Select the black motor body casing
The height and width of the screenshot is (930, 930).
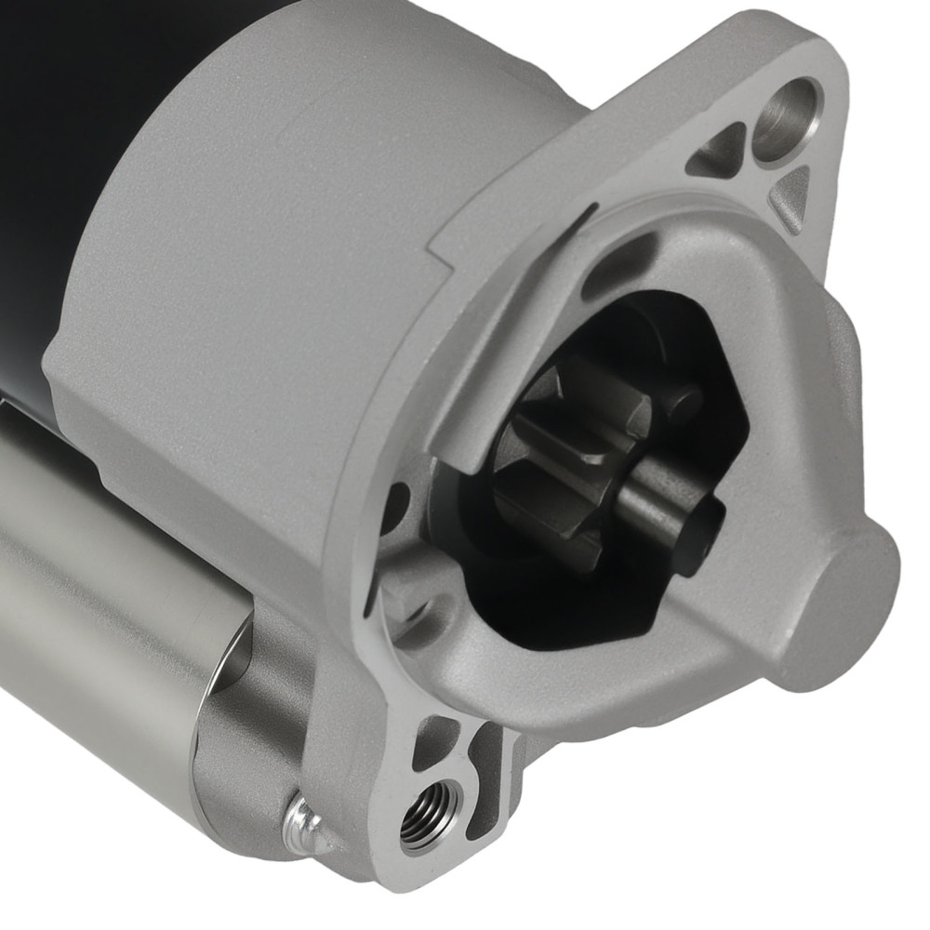click(56, 139)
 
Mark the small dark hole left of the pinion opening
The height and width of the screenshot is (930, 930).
click(395, 507)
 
